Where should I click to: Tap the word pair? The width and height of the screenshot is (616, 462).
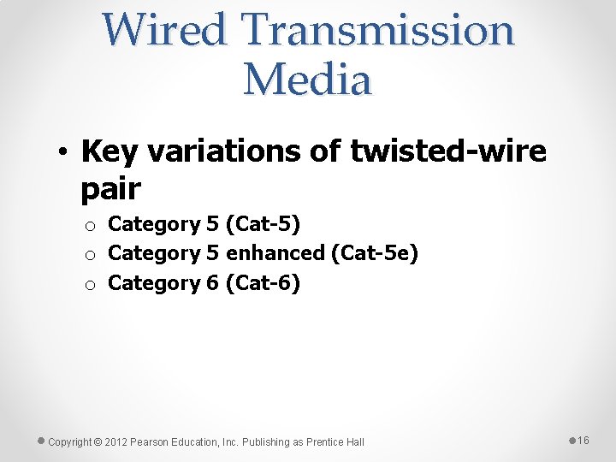click(110, 189)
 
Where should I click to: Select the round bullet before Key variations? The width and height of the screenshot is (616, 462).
click(65, 153)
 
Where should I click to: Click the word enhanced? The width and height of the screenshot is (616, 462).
click(275, 253)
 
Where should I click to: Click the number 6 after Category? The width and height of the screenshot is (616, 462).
click(212, 282)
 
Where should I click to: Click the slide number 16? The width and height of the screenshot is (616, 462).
click(583, 441)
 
